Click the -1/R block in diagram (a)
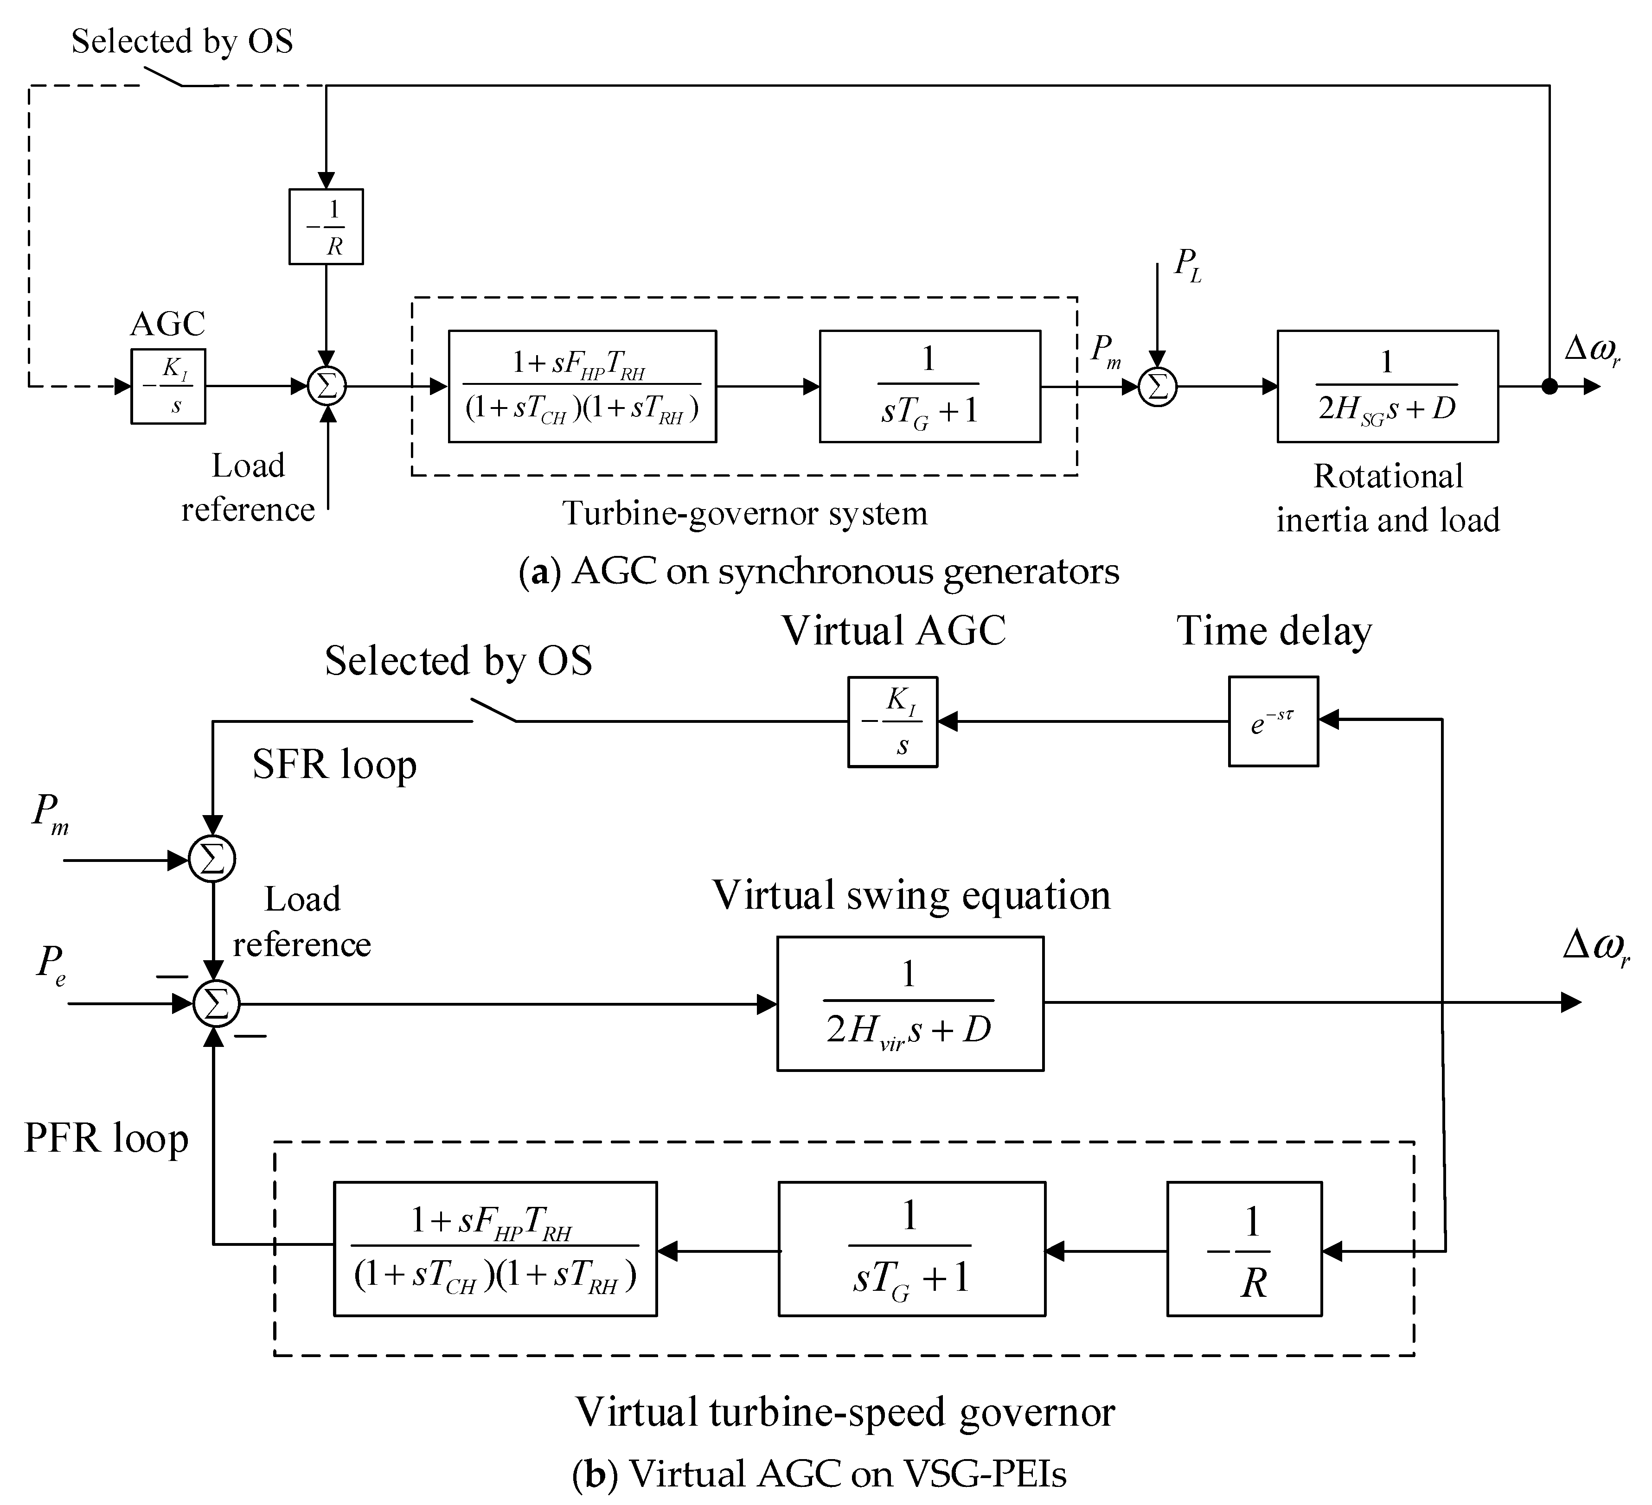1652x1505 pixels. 326,227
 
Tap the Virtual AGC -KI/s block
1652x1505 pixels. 892,722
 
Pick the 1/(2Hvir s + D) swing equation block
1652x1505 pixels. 909,1004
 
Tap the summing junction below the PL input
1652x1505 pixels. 1157,387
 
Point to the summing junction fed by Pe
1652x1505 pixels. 216,1004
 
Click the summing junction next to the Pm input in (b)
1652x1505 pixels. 212,860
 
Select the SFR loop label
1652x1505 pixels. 334,765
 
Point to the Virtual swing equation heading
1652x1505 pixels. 911,895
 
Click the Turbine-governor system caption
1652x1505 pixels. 744,513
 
